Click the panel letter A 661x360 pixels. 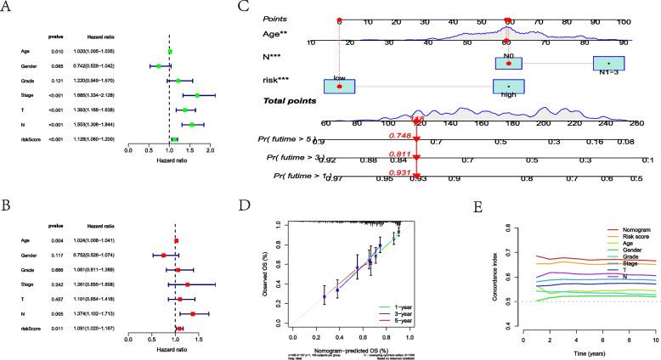click(7, 8)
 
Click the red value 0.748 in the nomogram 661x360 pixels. click(410, 135)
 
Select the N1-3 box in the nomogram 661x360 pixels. click(607, 64)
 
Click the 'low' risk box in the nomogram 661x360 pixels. click(339, 86)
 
